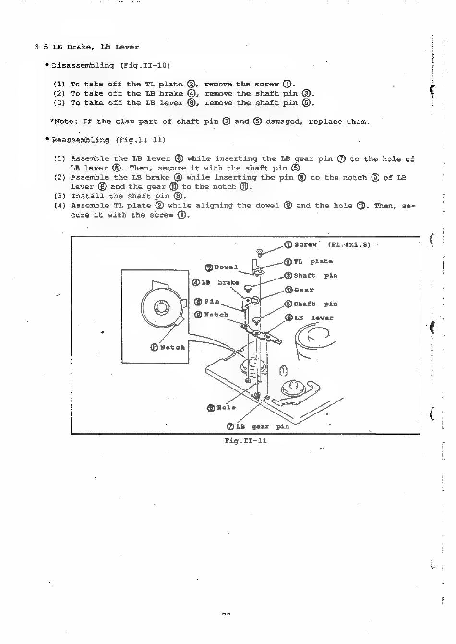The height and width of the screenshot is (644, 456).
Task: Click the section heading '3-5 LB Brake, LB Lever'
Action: coord(87,47)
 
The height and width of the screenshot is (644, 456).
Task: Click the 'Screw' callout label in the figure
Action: coord(305,244)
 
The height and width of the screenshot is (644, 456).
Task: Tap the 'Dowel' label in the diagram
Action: coord(226,267)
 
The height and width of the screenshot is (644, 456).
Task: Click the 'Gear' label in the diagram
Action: coord(303,290)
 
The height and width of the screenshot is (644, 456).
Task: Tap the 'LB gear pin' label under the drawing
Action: coord(262,426)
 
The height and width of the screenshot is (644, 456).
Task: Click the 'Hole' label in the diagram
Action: coord(226,407)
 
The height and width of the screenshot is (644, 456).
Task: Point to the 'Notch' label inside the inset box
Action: coord(172,347)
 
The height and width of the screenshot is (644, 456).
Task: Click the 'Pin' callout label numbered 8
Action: coord(212,301)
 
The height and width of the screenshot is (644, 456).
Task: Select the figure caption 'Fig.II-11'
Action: coord(245,440)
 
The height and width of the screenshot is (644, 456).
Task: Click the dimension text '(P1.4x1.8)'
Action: coord(349,244)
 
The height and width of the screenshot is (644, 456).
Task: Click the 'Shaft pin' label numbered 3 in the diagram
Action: coord(315,275)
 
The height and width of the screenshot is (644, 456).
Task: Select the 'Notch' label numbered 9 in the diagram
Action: coord(216,315)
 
